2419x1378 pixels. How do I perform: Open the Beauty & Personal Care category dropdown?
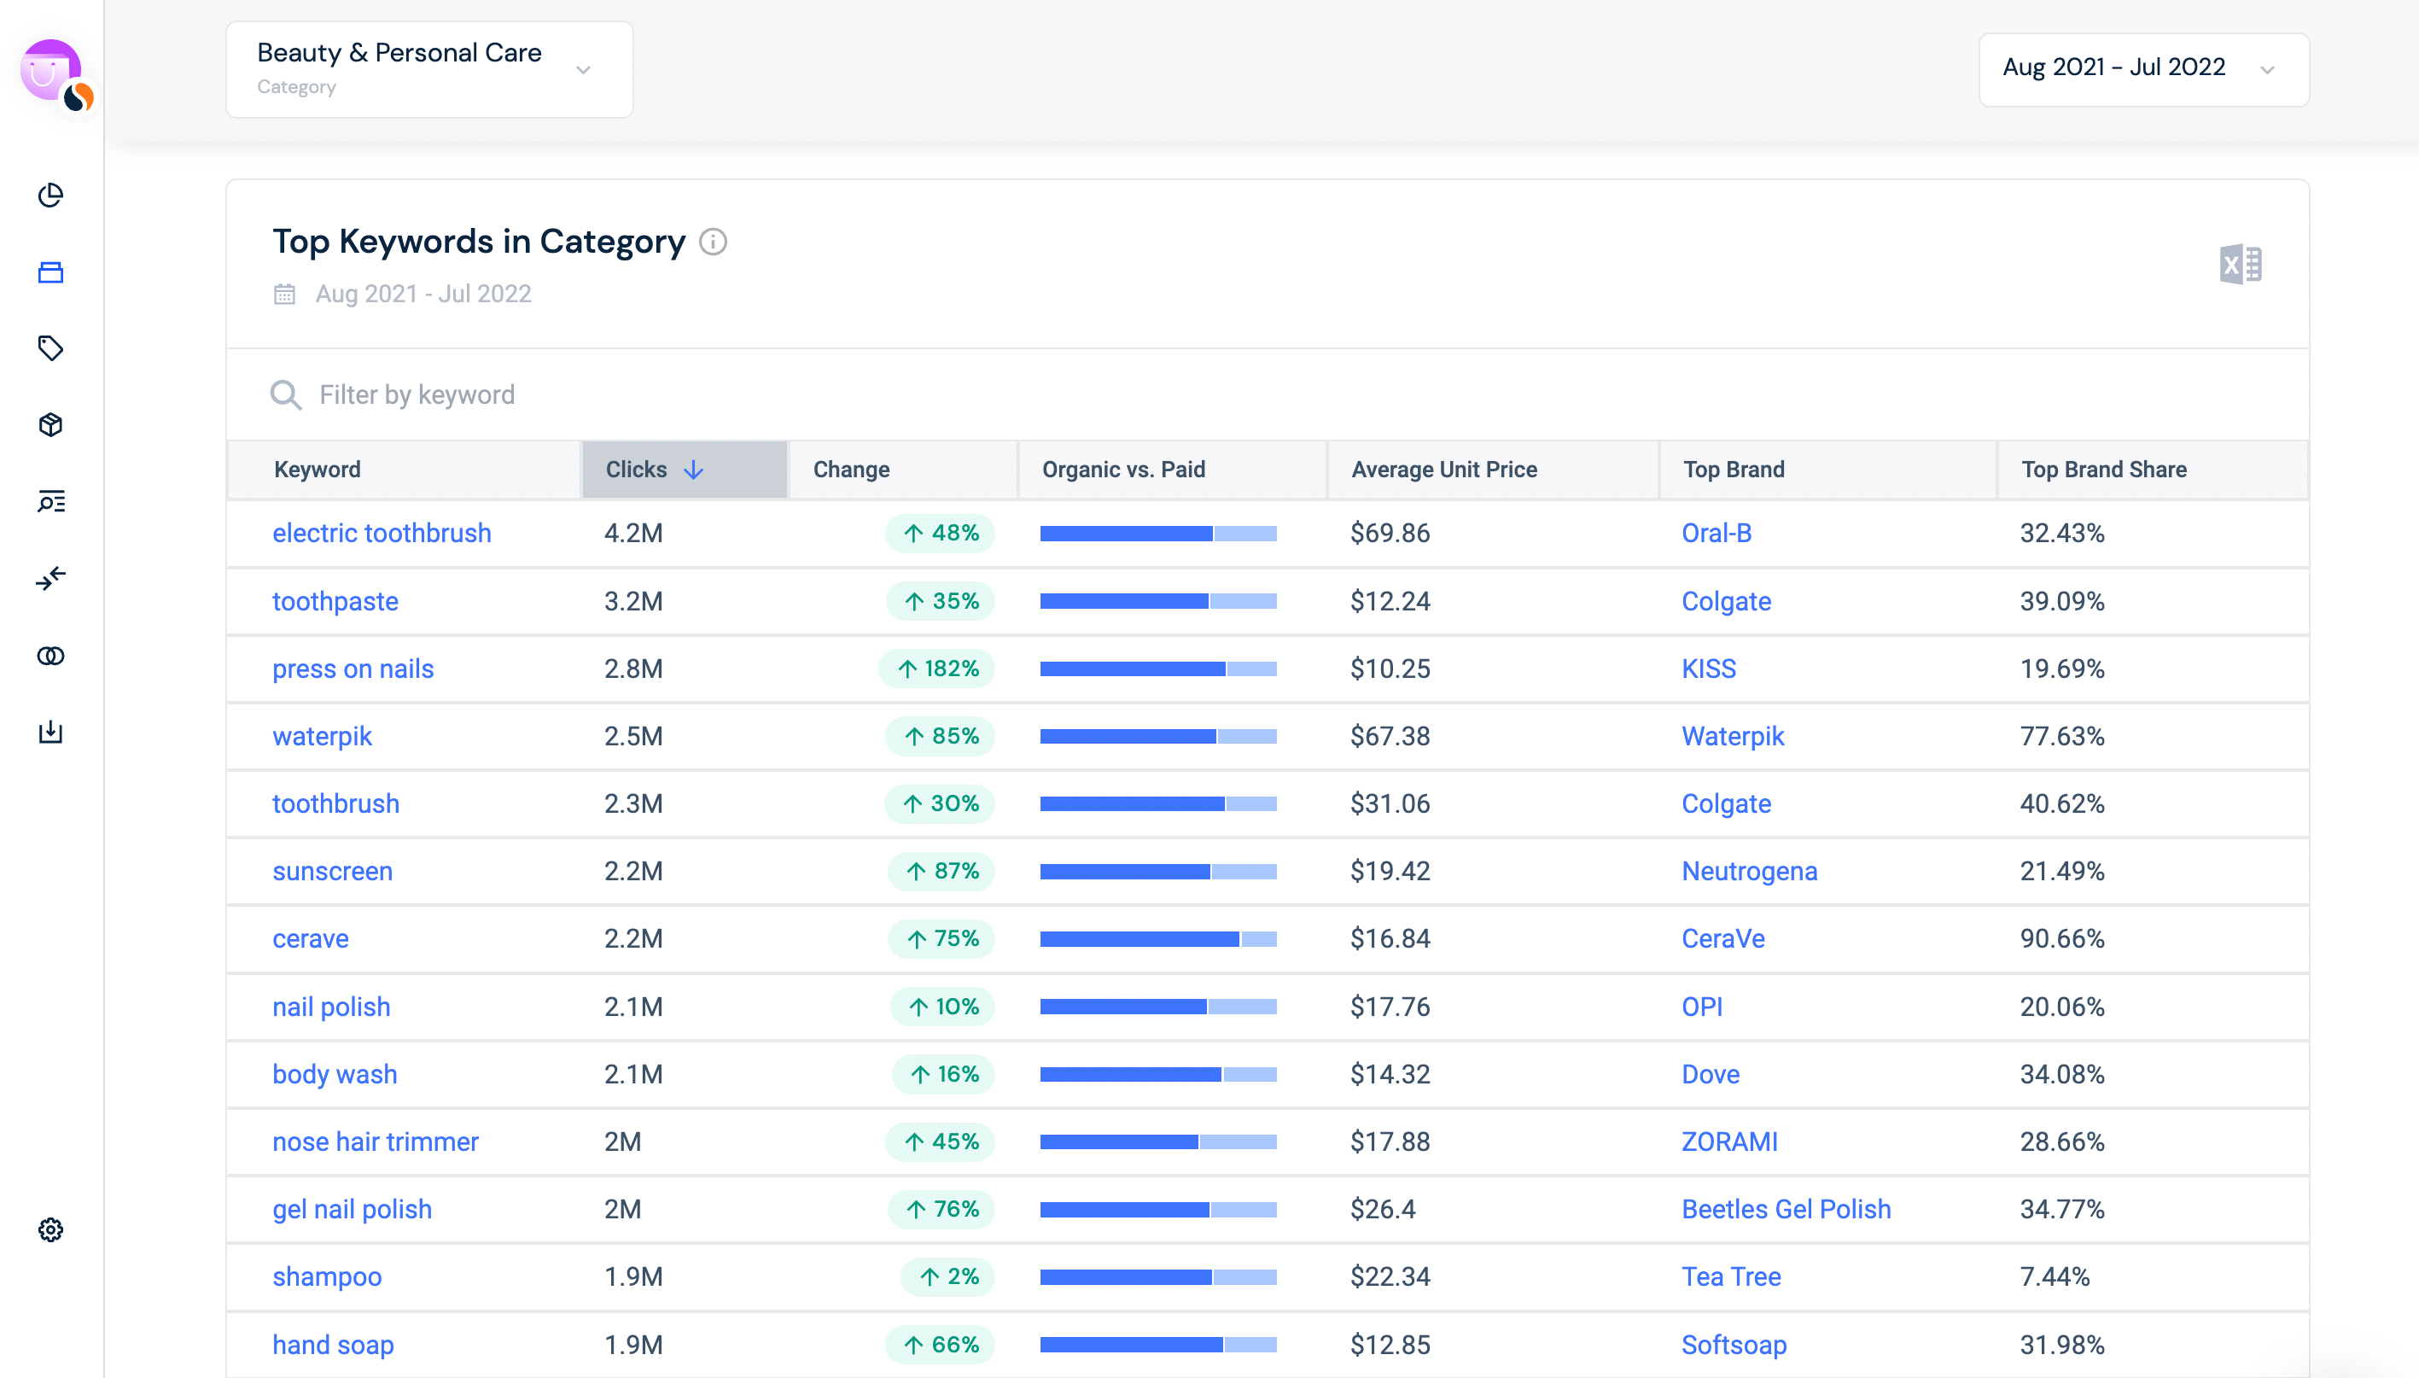pyautogui.click(x=428, y=69)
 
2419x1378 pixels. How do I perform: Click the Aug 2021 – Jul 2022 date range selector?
pyautogui.click(x=2142, y=69)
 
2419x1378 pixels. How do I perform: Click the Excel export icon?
pyautogui.click(x=2239, y=264)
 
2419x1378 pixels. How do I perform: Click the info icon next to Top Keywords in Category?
pyautogui.click(x=713, y=242)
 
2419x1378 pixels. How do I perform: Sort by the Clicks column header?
pyautogui.click(x=654, y=470)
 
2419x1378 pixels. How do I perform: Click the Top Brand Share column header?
pyautogui.click(x=2103, y=470)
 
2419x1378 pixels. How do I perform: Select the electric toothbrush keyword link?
pyautogui.click(x=382, y=533)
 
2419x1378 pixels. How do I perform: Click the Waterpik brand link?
pyautogui.click(x=1731, y=736)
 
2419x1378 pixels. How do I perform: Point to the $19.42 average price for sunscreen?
pyautogui.click(x=1389, y=871)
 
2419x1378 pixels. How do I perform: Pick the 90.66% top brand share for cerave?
pyautogui.click(x=2061, y=939)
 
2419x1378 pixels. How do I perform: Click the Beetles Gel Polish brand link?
pyautogui.click(x=1785, y=1209)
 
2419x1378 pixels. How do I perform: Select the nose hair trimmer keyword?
pyautogui.click(x=375, y=1142)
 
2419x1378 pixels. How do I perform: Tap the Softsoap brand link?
pyautogui.click(x=1733, y=1344)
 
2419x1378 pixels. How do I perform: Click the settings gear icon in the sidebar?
pyautogui.click(x=50, y=1229)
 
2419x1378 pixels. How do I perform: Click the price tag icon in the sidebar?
pyautogui.click(x=50, y=348)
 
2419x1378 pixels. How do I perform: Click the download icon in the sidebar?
pyautogui.click(x=50, y=732)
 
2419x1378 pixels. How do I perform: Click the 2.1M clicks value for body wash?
pyautogui.click(x=632, y=1074)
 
